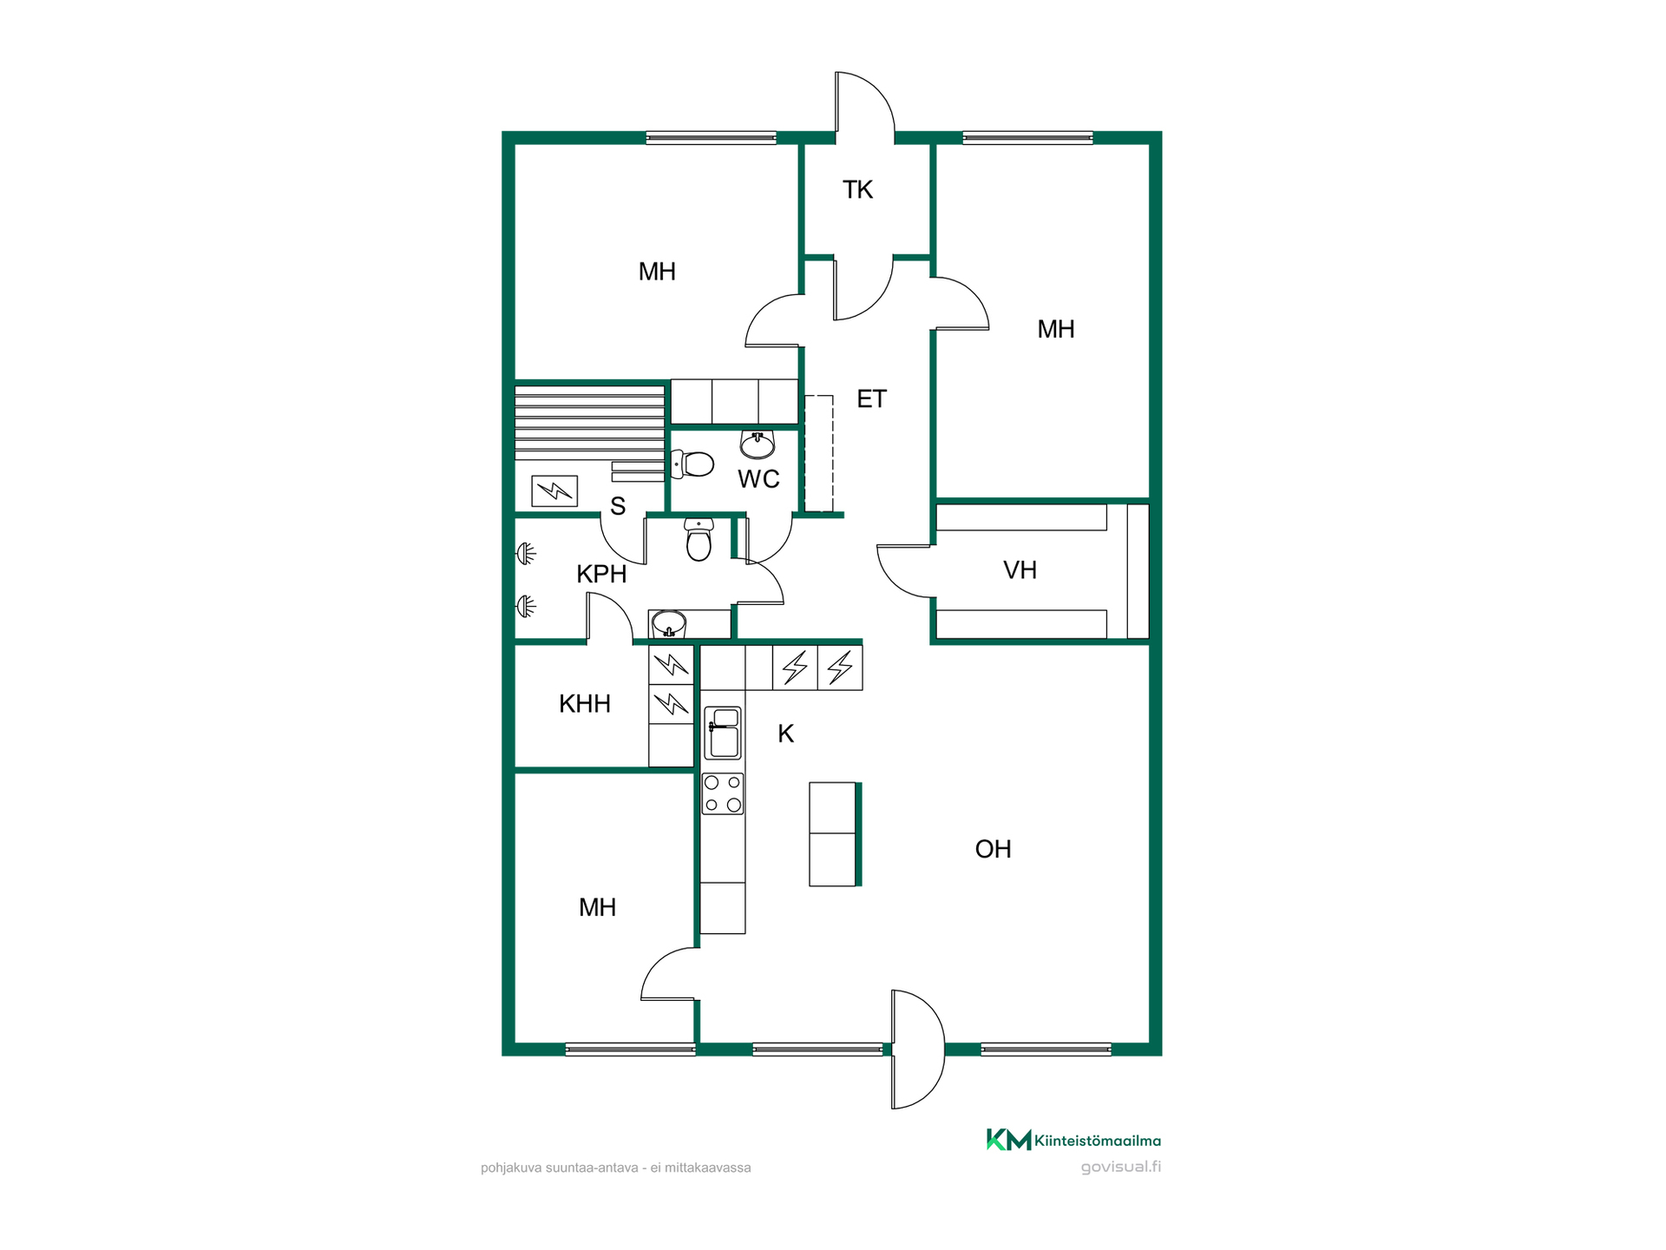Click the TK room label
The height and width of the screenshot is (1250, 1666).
pyautogui.click(x=857, y=190)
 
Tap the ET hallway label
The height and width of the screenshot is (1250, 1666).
pyautogui.click(x=871, y=398)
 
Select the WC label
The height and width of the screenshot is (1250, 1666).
pyautogui.click(x=758, y=479)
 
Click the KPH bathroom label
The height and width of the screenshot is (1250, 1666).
pyautogui.click(x=601, y=574)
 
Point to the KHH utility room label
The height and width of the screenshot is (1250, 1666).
pyautogui.click(x=585, y=704)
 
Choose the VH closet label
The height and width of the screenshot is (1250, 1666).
pyautogui.click(x=1020, y=570)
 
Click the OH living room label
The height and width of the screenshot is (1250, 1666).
pyautogui.click(x=993, y=849)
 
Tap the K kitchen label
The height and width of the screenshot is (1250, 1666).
pyautogui.click(x=785, y=734)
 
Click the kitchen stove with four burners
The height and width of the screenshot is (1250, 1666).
pyautogui.click(x=723, y=793)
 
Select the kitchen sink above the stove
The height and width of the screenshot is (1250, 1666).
pyautogui.click(x=723, y=734)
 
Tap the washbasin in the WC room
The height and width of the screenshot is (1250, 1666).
pyautogui.click(x=758, y=444)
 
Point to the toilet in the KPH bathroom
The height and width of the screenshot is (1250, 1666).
pyautogui.click(x=699, y=540)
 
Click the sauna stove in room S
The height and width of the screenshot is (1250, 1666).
pyautogui.click(x=554, y=491)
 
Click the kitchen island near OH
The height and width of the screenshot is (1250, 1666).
pyautogui.click(x=835, y=834)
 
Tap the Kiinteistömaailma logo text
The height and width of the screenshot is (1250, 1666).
pyautogui.click(x=1097, y=1141)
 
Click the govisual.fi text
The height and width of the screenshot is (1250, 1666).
pyautogui.click(x=1120, y=1167)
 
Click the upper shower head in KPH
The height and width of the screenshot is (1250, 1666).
pyautogui.click(x=526, y=553)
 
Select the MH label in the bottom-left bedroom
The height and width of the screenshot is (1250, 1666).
pyautogui.click(x=597, y=908)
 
